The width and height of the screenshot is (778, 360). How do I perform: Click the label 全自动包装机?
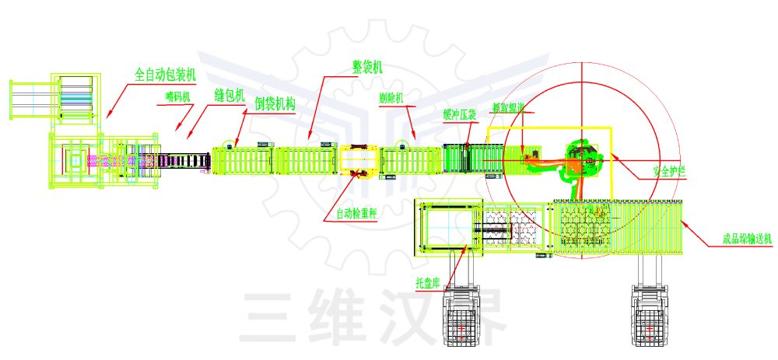[165, 75]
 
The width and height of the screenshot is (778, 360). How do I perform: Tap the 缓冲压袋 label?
[459, 114]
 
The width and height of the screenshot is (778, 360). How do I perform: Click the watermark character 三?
[268, 317]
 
